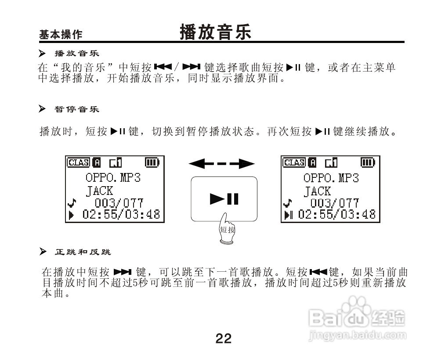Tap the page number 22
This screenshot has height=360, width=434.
223,338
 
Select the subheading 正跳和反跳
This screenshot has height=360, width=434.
82,252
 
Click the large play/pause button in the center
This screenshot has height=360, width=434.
224,199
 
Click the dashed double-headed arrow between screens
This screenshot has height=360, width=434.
222,164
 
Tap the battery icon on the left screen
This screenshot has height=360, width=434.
151,162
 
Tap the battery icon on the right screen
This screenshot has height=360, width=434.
367,162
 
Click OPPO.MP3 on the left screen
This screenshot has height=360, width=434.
113,178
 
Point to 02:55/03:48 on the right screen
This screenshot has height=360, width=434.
337,215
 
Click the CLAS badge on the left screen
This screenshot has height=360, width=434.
78,162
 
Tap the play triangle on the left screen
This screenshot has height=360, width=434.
72,215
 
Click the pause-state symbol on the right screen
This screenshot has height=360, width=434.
288,215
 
